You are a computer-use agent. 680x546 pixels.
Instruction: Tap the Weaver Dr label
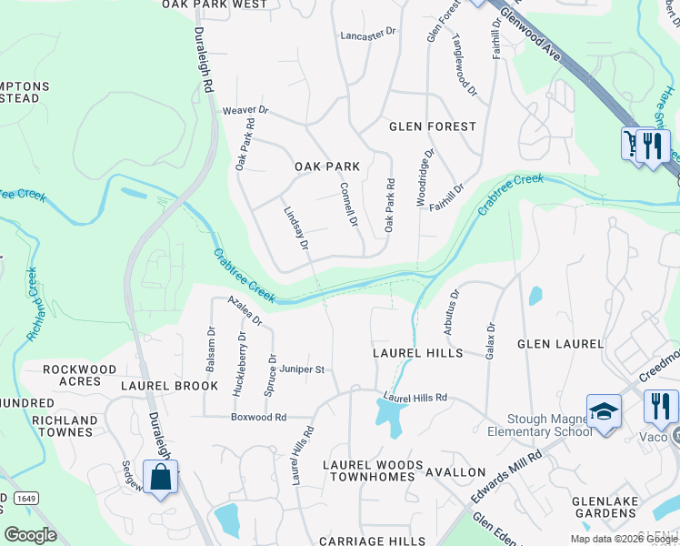click(245, 110)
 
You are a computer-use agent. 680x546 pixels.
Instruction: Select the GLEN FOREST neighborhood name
click(433, 126)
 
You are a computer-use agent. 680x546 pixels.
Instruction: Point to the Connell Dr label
click(348, 204)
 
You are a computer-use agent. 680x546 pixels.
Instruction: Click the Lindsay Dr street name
click(296, 226)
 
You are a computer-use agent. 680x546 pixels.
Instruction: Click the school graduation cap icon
click(604, 411)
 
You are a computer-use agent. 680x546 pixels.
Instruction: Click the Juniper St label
click(303, 369)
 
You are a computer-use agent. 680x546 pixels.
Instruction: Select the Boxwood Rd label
click(258, 417)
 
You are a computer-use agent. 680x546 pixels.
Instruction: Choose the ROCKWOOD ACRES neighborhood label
click(80, 375)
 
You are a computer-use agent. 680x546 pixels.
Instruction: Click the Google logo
click(31, 535)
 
